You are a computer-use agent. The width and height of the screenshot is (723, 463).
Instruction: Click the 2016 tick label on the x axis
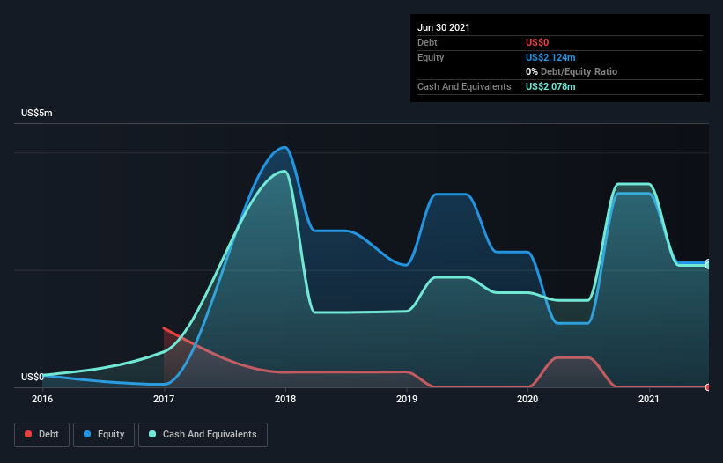(x=42, y=399)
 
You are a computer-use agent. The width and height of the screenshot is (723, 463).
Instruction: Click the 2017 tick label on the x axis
(x=164, y=399)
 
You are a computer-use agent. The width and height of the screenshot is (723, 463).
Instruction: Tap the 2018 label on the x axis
(x=285, y=399)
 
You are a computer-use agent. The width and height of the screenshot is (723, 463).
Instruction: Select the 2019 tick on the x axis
(x=407, y=399)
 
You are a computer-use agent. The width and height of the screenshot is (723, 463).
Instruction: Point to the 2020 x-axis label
(x=527, y=399)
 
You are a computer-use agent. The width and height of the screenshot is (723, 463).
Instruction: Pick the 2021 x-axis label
(x=649, y=399)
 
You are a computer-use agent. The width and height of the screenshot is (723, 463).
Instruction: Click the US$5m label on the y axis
(x=37, y=114)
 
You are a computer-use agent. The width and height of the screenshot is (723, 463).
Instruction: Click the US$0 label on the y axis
(x=32, y=377)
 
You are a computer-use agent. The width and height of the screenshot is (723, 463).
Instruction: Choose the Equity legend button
(x=104, y=434)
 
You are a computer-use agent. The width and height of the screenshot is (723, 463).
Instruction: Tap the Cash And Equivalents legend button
(x=203, y=434)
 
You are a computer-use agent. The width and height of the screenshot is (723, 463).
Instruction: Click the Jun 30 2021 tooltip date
(x=444, y=27)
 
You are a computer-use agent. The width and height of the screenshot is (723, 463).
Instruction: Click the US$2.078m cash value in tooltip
(x=551, y=86)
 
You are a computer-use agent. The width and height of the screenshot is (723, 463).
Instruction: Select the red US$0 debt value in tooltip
(x=538, y=42)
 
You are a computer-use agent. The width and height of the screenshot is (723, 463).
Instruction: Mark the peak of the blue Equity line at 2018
(x=284, y=147)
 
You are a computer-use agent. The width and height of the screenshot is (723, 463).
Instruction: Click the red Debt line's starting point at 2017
(x=164, y=328)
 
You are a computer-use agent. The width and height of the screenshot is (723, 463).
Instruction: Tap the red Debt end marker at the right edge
(x=707, y=387)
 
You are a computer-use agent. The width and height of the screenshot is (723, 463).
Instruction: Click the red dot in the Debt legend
(x=28, y=434)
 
